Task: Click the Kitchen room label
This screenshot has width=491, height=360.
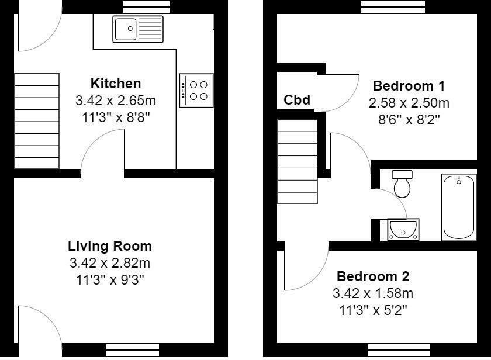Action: coord(116,84)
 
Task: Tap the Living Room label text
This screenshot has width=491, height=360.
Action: coord(110,246)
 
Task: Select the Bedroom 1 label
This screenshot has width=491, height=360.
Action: coord(409,86)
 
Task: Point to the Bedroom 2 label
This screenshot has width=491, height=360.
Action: coord(373,276)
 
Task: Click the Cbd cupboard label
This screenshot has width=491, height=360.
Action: coord(297,100)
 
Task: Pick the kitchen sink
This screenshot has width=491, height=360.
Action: coord(139,29)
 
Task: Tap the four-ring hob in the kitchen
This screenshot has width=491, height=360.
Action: coord(196,90)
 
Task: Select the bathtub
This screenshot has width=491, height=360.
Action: coord(459,206)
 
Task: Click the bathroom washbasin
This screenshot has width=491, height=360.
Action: coord(403,229)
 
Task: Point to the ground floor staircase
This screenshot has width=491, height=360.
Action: coord(36,121)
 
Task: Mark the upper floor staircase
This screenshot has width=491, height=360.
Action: coord(297,161)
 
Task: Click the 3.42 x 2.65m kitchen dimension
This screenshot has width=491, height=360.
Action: coord(116,100)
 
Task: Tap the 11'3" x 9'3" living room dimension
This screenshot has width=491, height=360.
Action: coord(110,279)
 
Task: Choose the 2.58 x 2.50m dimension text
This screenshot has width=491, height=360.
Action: coord(409,103)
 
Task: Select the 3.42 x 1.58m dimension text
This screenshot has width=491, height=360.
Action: coord(373,293)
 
